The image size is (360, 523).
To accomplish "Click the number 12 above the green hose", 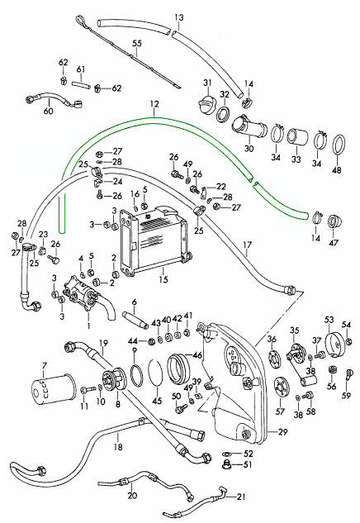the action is coord(154,104).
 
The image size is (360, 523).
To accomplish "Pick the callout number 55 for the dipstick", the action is coord(137,43).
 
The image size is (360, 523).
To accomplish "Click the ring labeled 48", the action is coord(339,145).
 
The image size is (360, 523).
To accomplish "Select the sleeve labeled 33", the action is coord(296,138).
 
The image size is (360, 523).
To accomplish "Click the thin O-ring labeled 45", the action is coord(154,378).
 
